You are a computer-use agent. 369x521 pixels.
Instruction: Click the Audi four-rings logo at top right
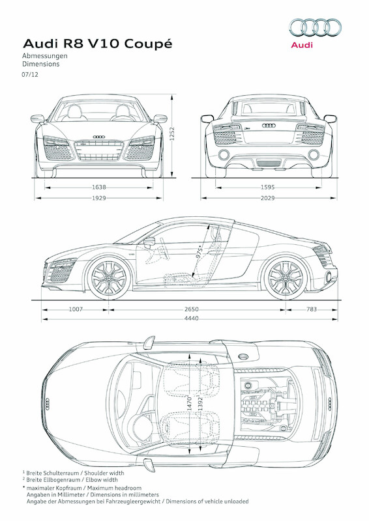(x=315, y=27)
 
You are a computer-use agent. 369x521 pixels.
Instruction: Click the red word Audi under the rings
(x=302, y=45)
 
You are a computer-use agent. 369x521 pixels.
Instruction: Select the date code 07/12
(x=30, y=76)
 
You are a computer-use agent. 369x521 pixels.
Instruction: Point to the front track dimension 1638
(x=99, y=187)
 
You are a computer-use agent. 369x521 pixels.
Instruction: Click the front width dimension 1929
(x=99, y=197)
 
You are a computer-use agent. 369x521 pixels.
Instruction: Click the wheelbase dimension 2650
(x=191, y=309)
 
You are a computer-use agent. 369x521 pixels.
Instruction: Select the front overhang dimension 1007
(x=76, y=309)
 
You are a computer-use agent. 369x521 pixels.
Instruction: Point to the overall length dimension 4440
(x=191, y=318)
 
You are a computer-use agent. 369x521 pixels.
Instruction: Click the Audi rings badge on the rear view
(x=269, y=124)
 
